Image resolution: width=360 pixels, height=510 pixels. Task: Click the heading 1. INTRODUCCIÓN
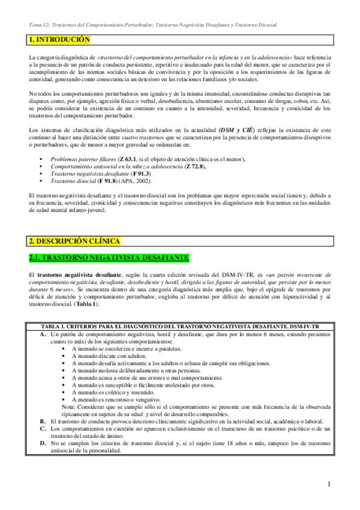59,40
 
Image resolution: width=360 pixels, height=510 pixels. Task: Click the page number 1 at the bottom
329,484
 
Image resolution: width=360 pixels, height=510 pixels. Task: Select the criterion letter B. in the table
43,422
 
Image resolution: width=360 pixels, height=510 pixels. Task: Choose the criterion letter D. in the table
43,443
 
